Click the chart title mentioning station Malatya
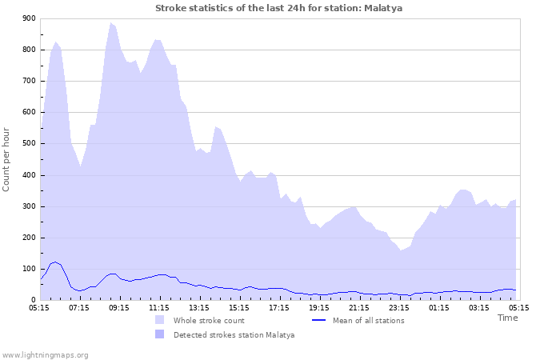tap(279, 8)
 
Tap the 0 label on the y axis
tap(32, 301)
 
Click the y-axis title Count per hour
tap(7, 159)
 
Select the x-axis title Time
tap(507, 318)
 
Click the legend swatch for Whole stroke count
tap(160, 320)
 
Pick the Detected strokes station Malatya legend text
tap(234, 335)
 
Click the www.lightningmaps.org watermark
tap(45, 354)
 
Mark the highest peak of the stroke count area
tap(112, 23)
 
